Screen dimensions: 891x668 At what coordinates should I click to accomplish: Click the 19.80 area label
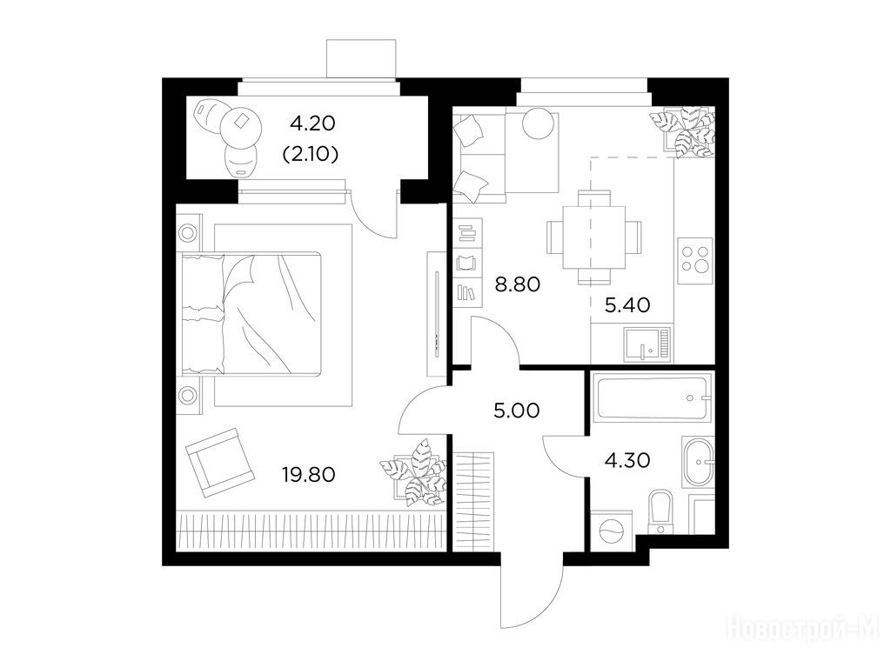click(x=309, y=474)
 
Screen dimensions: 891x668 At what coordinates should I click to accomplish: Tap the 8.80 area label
click(x=517, y=284)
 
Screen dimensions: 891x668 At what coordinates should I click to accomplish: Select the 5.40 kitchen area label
click(x=627, y=305)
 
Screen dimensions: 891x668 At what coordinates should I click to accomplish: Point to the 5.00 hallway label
click(x=517, y=411)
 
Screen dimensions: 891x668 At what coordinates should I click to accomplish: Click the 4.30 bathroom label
click(x=627, y=460)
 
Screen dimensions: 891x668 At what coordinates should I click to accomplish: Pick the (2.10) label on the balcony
click(x=311, y=154)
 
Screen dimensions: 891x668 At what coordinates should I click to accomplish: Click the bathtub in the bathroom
click(x=652, y=397)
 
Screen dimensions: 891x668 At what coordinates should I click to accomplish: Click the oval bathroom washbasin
click(x=697, y=463)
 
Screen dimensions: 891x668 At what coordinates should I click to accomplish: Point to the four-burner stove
click(x=695, y=260)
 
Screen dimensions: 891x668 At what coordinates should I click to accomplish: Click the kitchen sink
click(x=647, y=344)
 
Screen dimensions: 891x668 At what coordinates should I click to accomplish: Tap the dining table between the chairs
click(x=593, y=237)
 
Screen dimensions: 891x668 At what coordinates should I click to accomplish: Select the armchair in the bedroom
click(x=220, y=463)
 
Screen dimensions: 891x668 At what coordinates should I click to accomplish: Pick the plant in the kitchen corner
click(x=682, y=131)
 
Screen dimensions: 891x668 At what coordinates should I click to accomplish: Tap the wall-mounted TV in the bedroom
click(x=437, y=314)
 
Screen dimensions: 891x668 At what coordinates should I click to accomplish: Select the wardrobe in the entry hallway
click(x=473, y=501)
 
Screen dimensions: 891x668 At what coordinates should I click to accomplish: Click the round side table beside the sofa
click(x=538, y=123)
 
